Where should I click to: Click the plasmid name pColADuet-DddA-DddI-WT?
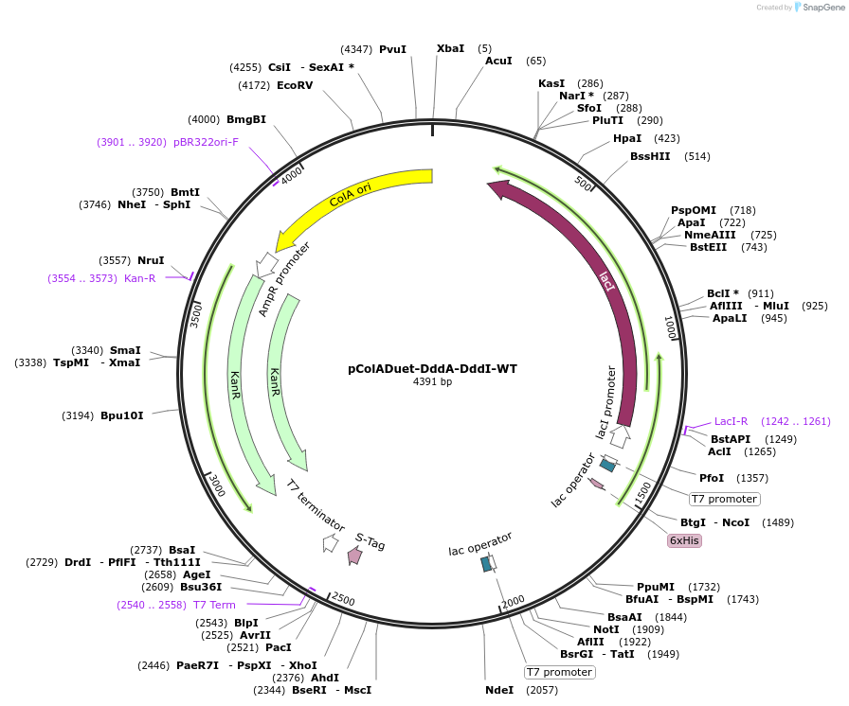pyautogui.click(x=432, y=369)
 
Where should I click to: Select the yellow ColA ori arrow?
pyautogui.click(x=351, y=200)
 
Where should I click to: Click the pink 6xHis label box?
pyautogui.click(x=684, y=540)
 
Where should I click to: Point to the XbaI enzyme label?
pyautogui.click(x=450, y=48)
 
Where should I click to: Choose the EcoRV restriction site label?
pyautogui.click(x=295, y=86)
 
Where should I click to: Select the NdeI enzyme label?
pyautogui.click(x=499, y=690)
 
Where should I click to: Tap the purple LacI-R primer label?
pyautogui.click(x=732, y=421)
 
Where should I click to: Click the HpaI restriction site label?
pyautogui.click(x=627, y=138)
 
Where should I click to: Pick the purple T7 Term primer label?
pyautogui.click(x=214, y=605)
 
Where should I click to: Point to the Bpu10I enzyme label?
pyautogui.click(x=122, y=415)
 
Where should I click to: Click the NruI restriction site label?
pyautogui.click(x=151, y=260)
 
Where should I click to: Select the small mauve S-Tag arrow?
pyautogui.click(x=354, y=556)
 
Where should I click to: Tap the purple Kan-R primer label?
pyautogui.click(x=139, y=278)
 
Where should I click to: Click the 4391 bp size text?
pyautogui.click(x=432, y=382)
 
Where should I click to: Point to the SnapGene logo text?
pyautogui.click(x=818, y=8)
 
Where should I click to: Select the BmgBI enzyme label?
pyautogui.click(x=246, y=119)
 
